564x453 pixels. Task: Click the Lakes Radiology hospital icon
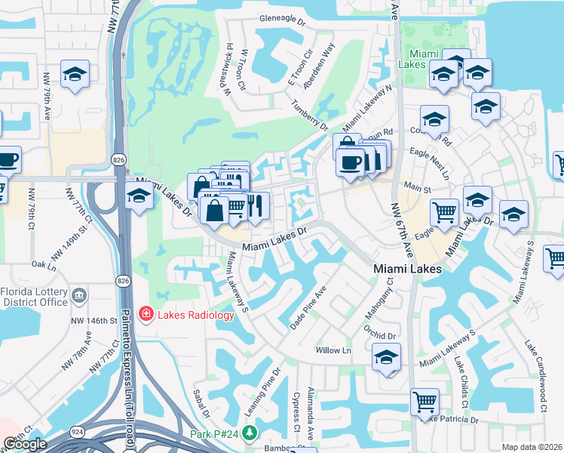click(145, 314)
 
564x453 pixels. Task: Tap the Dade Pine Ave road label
click(308, 307)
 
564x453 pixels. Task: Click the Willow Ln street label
click(333, 351)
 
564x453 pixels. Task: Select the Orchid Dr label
click(379, 335)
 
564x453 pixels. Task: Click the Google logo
click(25, 444)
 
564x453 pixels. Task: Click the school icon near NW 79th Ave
click(75, 74)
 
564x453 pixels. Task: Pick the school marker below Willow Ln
click(386, 356)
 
